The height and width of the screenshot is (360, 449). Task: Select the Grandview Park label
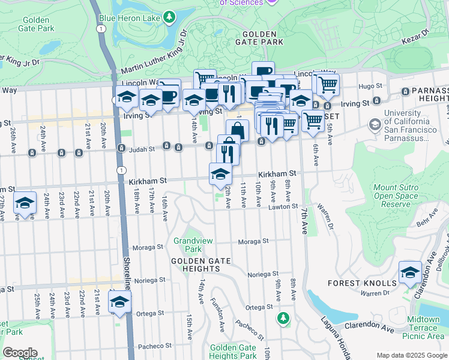pyautogui.click(x=188, y=245)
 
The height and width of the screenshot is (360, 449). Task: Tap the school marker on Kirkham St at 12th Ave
pyautogui.click(x=220, y=173)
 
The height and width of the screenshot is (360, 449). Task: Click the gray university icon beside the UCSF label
pyautogui.click(x=375, y=124)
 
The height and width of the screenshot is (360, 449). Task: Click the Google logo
pyautogui.click(x=19, y=353)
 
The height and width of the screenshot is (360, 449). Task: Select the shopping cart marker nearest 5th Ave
pyautogui.click(x=328, y=85)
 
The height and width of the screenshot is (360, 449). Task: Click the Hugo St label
pyautogui.click(x=366, y=86)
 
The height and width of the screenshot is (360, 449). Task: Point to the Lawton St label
pyautogui.click(x=286, y=206)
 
